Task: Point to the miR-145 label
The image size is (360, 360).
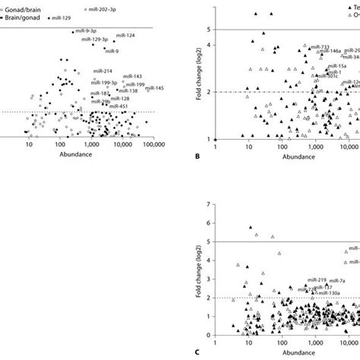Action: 155,87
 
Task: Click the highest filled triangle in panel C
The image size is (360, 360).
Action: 251,228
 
